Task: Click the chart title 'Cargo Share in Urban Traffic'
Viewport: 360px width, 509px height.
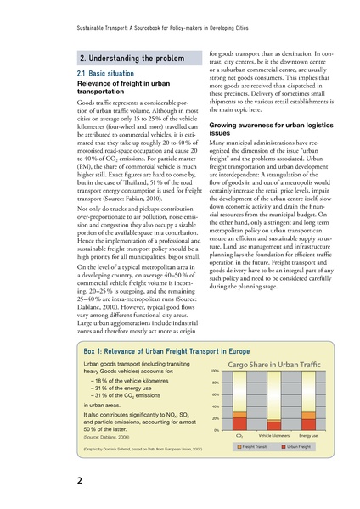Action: [x=266, y=388]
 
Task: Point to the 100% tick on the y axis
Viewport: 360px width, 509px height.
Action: [x=214, y=394]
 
